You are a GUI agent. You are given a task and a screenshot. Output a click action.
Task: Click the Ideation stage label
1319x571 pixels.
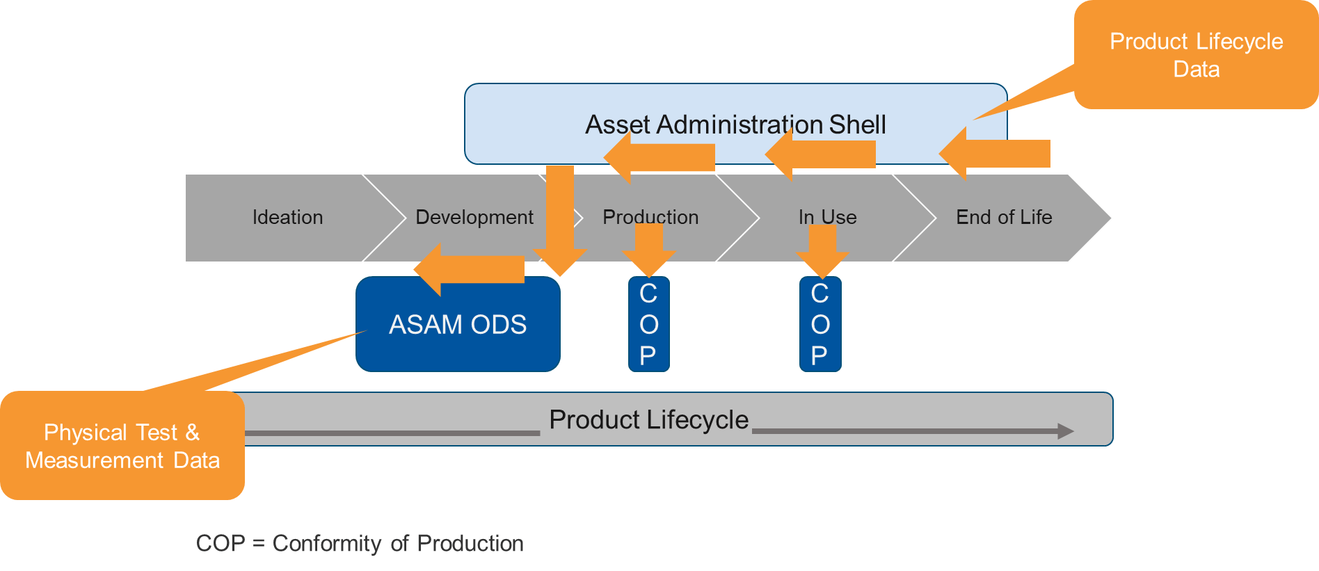click(287, 217)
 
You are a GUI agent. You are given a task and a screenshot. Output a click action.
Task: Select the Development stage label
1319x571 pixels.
click(474, 217)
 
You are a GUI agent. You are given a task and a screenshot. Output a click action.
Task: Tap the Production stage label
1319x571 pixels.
click(650, 217)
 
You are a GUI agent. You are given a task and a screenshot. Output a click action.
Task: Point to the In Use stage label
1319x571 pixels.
click(827, 217)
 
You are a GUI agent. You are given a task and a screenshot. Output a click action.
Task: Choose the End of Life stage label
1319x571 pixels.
click(1004, 217)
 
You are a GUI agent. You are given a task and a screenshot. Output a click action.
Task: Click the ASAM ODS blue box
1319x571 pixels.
click(458, 325)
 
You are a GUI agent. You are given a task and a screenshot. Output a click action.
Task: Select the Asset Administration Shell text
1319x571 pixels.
click(735, 124)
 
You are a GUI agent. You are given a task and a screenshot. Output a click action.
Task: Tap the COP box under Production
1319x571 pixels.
click(648, 325)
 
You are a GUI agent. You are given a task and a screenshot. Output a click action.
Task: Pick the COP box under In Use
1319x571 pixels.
click(820, 325)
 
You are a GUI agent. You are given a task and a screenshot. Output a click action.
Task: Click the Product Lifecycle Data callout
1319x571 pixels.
click(1196, 55)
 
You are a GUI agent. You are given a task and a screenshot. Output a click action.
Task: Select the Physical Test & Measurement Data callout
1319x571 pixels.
click(122, 446)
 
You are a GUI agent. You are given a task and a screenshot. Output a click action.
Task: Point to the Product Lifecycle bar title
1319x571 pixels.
click(648, 420)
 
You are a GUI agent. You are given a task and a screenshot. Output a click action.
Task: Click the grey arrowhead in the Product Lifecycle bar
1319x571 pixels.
click(1064, 431)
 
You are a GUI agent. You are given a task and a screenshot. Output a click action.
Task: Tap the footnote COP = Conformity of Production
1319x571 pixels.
click(360, 543)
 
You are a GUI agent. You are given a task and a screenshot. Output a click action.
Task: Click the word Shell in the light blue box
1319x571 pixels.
click(857, 124)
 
